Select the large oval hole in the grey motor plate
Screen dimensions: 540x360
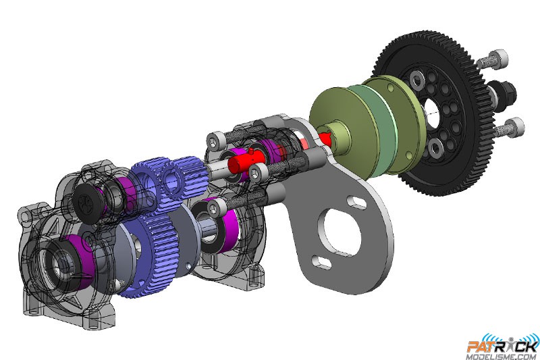click(340, 231)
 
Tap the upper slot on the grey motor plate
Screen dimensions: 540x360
click(357, 202)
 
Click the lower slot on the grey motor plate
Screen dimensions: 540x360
click(322, 263)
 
